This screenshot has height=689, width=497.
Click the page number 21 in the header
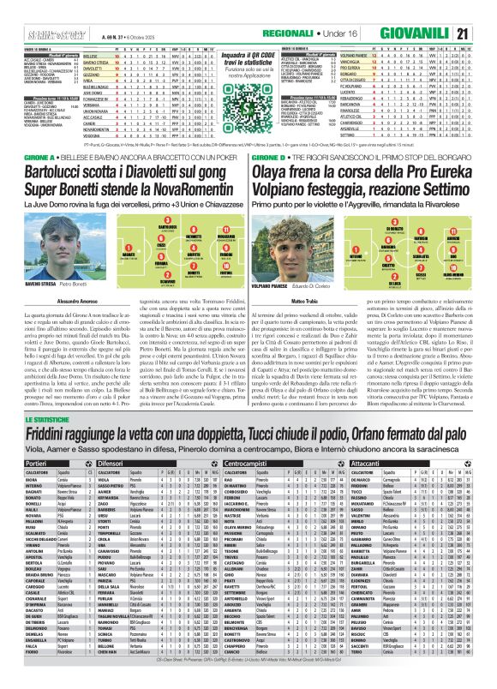(485, 33)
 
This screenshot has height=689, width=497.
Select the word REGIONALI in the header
(340, 33)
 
